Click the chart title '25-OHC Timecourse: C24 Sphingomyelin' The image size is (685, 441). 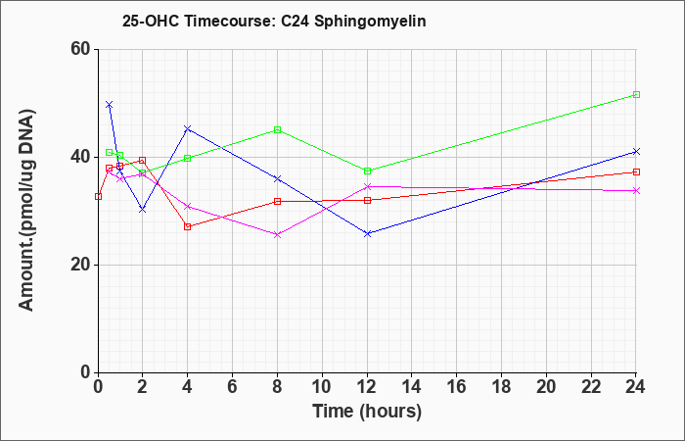tap(274, 21)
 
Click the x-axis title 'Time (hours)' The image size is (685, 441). tap(367, 412)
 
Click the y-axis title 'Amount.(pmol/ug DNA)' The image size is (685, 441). tap(26, 210)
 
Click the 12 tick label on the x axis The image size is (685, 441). tap(367, 387)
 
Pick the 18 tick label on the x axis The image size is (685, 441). tap(502, 387)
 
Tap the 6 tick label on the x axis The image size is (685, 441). tap(233, 387)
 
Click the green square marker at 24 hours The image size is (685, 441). tap(636, 94)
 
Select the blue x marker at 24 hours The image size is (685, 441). tap(636, 151)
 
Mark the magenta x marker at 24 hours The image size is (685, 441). tap(636, 191)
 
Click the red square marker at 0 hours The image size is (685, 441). tap(98, 196)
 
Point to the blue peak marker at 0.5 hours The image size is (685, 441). tap(110, 105)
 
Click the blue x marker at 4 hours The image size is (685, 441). tap(188, 128)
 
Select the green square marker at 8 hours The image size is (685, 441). tap(277, 130)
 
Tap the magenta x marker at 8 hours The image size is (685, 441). tap(277, 234)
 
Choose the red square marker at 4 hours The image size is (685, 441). tap(188, 226)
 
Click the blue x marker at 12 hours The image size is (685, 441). tap(367, 233)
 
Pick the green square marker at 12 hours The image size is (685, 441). tap(367, 171)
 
